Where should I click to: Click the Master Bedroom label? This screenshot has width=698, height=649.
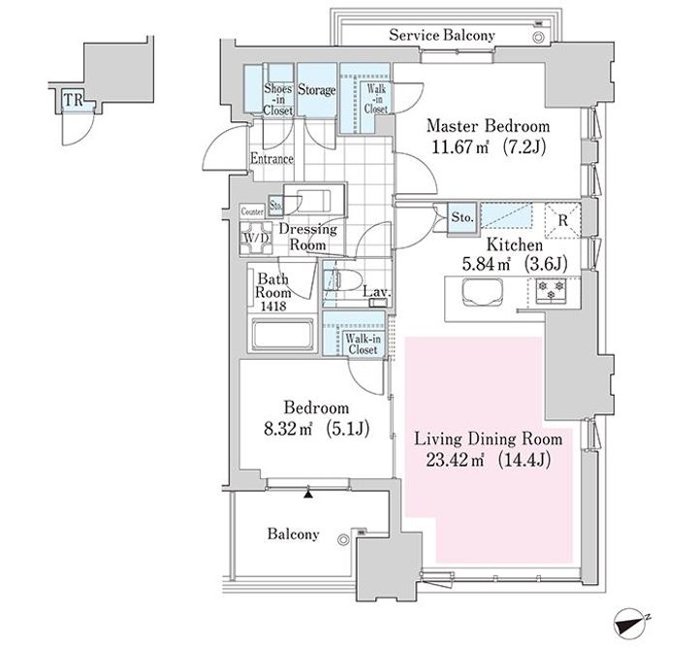click(x=488, y=126)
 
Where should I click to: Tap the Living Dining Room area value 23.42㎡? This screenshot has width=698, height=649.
click(x=455, y=460)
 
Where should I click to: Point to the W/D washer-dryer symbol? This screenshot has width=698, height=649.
click(x=256, y=239)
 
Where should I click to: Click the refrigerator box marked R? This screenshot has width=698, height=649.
click(x=563, y=220)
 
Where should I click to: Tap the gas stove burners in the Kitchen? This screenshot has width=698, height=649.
click(x=551, y=290)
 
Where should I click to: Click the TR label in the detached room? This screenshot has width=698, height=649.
click(x=74, y=100)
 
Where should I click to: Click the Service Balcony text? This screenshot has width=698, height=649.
click(x=442, y=35)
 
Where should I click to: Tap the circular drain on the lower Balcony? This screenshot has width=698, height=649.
click(x=343, y=540)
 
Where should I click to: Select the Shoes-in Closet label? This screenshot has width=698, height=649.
click(x=278, y=99)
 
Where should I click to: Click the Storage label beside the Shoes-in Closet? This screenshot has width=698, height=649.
click(x=316, y=90)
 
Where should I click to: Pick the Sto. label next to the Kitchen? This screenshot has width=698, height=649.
click(x=462, y=217)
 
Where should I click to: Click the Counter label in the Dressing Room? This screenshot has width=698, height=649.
click(x=252, y=211)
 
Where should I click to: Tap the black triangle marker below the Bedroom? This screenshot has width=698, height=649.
click(x=308, y=494)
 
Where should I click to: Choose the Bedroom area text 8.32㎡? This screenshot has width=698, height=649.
click(x=288, y=429)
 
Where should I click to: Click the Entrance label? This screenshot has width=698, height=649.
click(x=271, y=158)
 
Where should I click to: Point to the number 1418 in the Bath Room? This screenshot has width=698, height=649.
click(x=273, y=307)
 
